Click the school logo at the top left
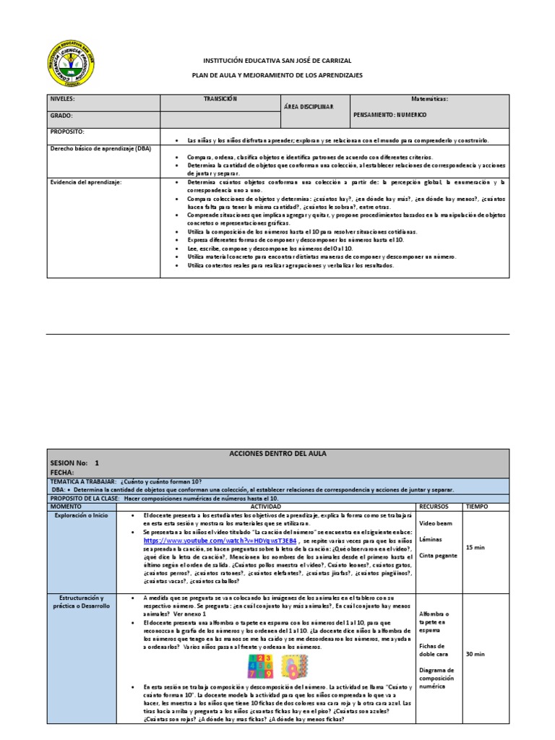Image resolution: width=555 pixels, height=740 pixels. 70,63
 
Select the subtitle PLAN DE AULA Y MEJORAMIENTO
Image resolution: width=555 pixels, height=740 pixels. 277,75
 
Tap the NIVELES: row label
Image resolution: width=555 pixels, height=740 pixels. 63,98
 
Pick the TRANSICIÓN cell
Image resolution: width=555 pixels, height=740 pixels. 220,98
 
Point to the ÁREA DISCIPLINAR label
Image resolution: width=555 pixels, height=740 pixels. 309,107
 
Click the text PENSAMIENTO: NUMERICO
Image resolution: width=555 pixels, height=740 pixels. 390,115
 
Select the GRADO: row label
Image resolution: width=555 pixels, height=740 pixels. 61,115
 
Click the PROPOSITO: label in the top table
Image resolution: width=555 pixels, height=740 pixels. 67,132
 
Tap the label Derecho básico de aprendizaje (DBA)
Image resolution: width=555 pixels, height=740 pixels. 100,148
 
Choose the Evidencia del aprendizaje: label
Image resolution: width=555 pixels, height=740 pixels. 86,182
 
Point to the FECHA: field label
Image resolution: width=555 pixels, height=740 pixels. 63,471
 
